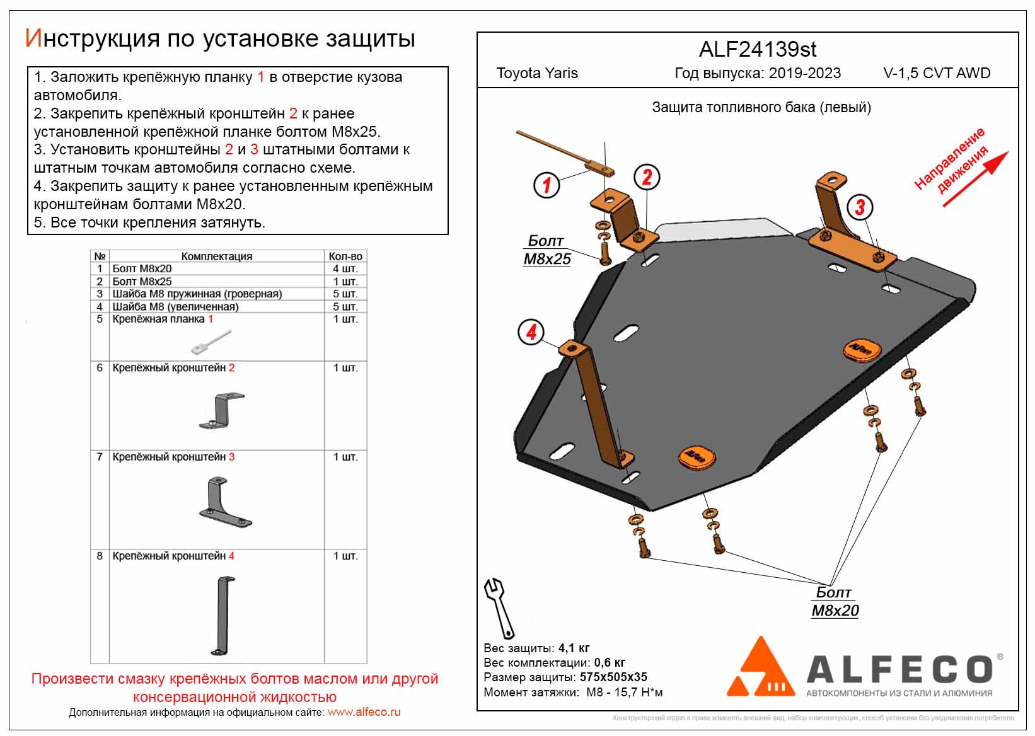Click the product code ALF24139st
tap(758, 50)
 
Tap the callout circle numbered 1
tap(546, 185)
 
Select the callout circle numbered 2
tap(647, 177)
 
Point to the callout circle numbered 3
tap(860, 207)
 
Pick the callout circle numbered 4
tap(531, 332)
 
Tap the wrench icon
tap(499, 607)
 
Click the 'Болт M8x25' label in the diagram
tap(547, 250)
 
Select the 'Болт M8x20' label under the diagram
tap(835, 602)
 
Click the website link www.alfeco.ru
tap(364, 713)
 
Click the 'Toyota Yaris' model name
tap(537, 73)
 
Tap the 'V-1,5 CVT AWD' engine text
tap(937, 73)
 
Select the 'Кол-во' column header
tap(345, 256)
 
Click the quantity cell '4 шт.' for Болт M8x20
tap(345, 269)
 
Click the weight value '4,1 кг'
tap(574, 648)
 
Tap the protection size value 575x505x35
tap(613, 677)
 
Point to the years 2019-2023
tap(804, 73)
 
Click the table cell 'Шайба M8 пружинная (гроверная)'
tap(197, 294)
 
